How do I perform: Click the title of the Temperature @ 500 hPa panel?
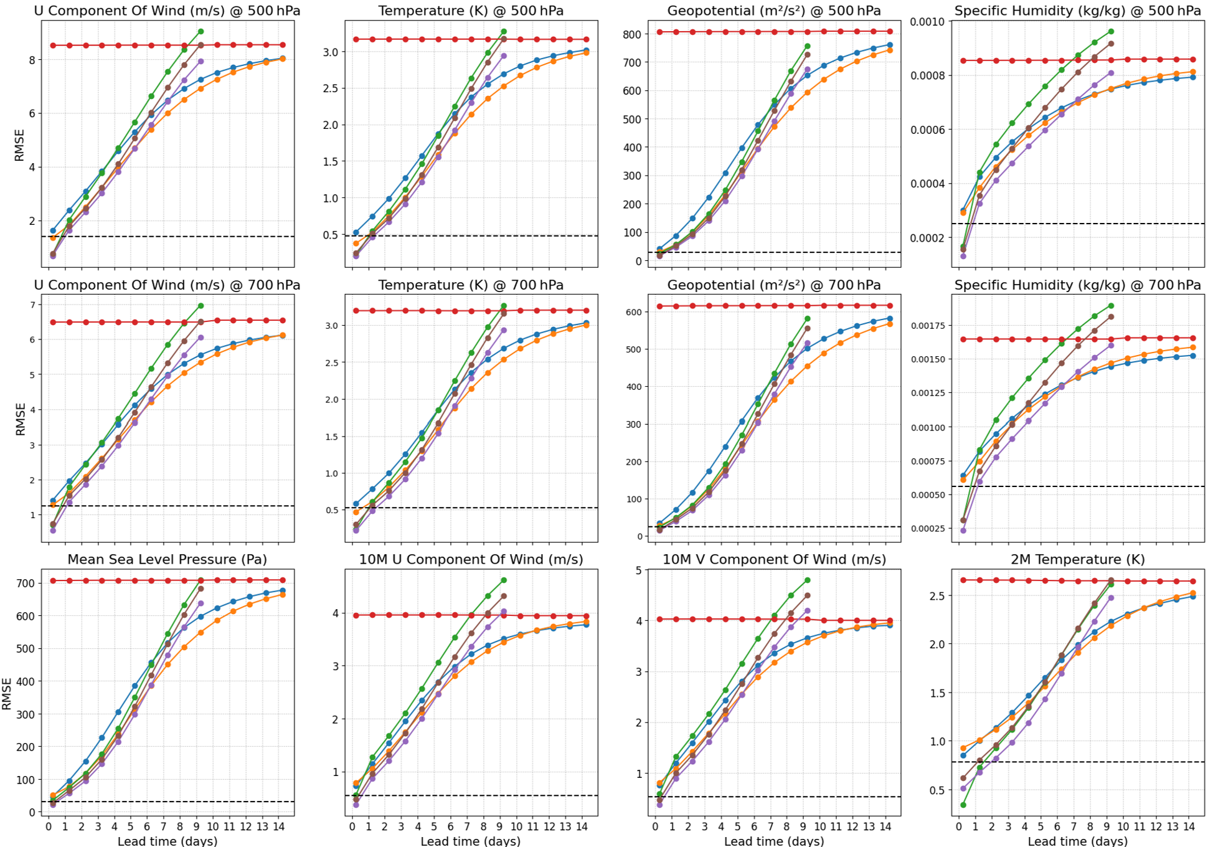tap(471, 11)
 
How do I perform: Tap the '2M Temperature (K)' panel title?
tap(1077, 559)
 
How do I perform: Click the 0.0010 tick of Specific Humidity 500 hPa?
tap(927, 22)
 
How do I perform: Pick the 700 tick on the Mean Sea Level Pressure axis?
tap(24, 584)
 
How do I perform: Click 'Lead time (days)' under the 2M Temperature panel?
tap(1077, 841)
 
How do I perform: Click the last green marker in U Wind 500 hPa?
tap(201, 31)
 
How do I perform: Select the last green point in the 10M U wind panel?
tap(504, 580)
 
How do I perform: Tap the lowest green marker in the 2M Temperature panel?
tap(963, 805)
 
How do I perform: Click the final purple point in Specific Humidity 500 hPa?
tap(1111, 73)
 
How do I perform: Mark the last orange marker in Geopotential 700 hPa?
tap(889, 324)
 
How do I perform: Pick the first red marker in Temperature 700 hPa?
tap(356, 310)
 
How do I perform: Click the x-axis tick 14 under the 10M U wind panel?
tap(582, 826)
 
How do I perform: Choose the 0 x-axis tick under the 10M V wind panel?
tap(656, 826)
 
